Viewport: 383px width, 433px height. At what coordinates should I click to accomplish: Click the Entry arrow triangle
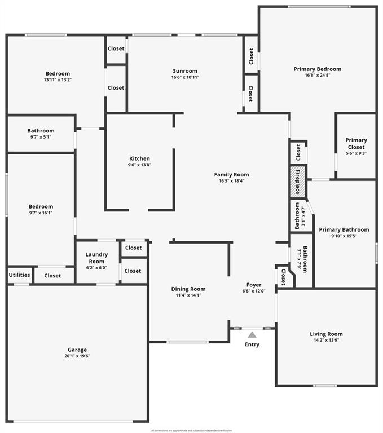click(x=252, y=335)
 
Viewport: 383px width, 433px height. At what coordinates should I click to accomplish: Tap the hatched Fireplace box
click(x=298, y=182)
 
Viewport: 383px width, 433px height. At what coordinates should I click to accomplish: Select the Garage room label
click(x=77, y=350)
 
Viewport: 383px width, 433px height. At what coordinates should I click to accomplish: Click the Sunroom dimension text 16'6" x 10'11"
click(x=185, y=77)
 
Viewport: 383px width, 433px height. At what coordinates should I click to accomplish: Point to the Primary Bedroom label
click(x=317, y=69)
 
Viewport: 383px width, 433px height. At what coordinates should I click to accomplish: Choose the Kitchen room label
click(x=139, y=158)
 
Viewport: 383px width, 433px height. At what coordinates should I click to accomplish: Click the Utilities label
click(x=19, y=275)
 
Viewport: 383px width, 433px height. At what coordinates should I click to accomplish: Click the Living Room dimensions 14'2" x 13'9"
click(x=326, y=341)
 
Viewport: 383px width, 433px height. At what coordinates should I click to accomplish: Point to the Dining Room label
click(x=188, y=289)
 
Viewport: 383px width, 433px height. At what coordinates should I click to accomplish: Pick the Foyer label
click(x=254, y=285)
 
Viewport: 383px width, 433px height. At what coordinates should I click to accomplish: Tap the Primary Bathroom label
click(x=344, y=229)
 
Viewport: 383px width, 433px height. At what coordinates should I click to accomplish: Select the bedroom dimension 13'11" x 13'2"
click(x=58, y=80)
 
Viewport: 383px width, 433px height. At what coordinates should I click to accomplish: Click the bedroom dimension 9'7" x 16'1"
click(x=41, y=213)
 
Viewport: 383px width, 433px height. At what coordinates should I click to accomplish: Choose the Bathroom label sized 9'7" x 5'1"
click(x=41, y=131)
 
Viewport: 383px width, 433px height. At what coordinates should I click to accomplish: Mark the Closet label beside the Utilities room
click(x=52, y=276)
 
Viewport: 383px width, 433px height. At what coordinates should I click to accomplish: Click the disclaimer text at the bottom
click(x=191, y=430)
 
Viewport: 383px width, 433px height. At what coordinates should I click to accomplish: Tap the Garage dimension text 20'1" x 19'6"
click(x=77, y=356)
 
